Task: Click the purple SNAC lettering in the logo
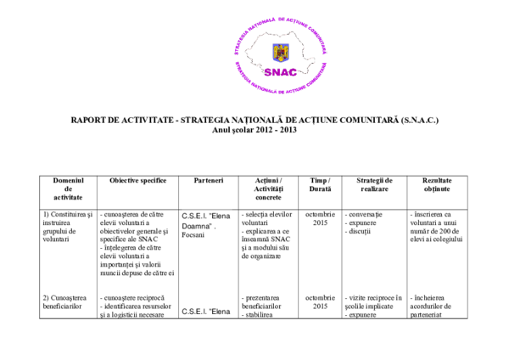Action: [x=281, y=72]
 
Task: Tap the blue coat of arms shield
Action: [x=281, y=53]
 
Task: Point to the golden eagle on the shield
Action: [x=281, y=52]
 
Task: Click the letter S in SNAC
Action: [x=267, y=72]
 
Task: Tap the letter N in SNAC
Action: [x=276, y=72]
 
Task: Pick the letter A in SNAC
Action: [x=285, y=72]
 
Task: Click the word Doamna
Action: [x=196, y=227]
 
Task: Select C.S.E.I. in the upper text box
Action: [x=193, y=217]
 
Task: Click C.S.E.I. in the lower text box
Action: [x=193, y=312]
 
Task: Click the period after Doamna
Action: [x=216, y=228]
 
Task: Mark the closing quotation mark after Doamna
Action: [x=212, y=225]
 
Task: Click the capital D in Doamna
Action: [x=185, y=227]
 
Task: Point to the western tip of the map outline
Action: [x=245, y=50]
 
